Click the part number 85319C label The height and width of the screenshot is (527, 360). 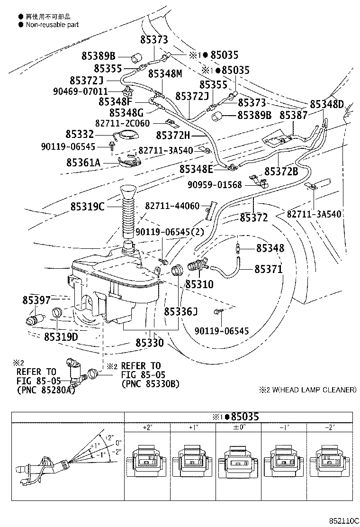pos(88,207)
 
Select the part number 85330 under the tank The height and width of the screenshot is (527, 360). pos(149,342)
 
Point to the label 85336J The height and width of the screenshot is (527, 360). pos(180,311)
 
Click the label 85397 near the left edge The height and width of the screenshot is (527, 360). pos(36,300)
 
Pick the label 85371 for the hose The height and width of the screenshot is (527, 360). pos(269,269)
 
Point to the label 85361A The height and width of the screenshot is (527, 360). pos(83,164)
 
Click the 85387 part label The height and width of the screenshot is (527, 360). pos(293,115)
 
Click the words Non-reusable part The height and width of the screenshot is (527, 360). pos(52,25)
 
